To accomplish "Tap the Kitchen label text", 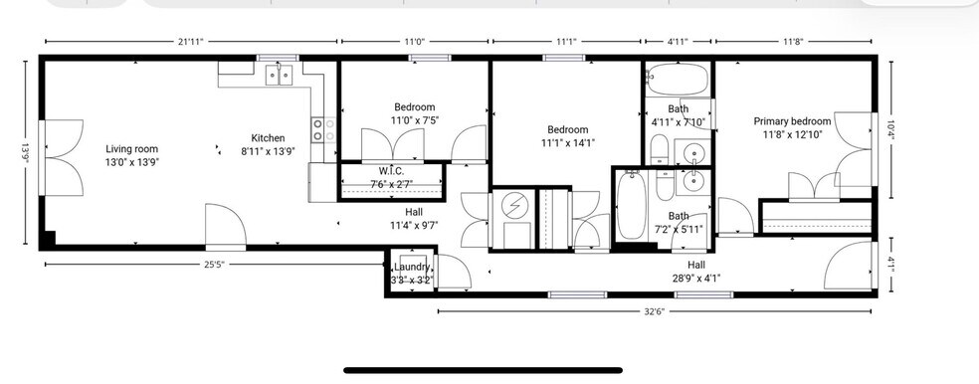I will [x=268, y=138].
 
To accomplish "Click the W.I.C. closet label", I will [x=391, y=170].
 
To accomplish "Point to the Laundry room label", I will [x=412, y=268].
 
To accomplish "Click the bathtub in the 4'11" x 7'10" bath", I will [x=677, y=79].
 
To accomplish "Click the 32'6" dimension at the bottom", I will [x=654, y=311].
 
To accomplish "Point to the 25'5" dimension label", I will [x=213, y=265].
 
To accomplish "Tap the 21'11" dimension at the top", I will [x=191, y=42].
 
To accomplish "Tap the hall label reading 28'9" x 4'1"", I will [x=695, y=272].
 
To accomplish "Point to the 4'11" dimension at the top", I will [x=677, y=42].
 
